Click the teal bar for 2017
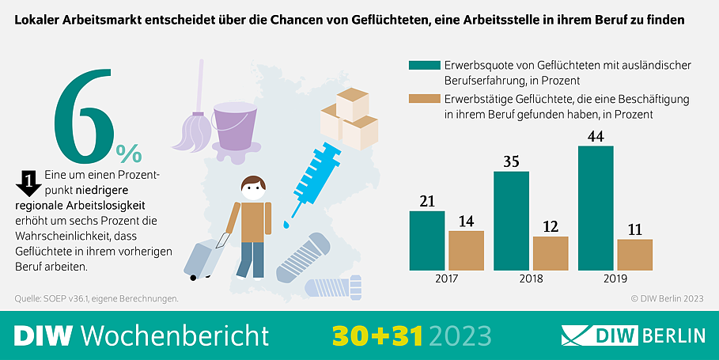(426, 241)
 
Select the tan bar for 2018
(551, 253)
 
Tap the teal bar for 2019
(596, 208)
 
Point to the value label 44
(596, 136)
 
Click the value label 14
(467, 221)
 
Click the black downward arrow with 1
(28, 184)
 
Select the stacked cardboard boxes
(348, 119)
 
